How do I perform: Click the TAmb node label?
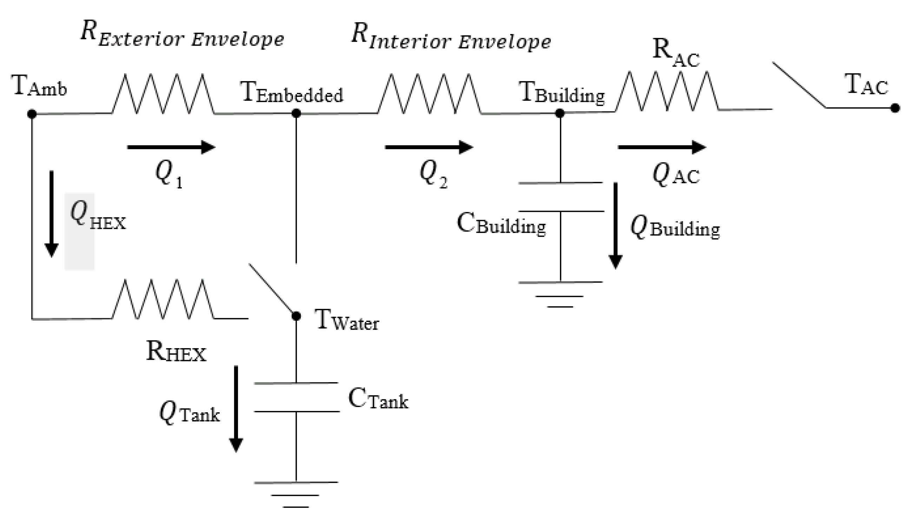39,86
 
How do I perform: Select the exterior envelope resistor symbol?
163,94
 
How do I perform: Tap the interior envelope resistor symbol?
429,94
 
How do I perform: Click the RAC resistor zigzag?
667,91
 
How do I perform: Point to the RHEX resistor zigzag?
163,299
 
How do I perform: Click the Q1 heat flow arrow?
171,147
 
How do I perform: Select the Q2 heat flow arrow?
429,147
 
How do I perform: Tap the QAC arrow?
662,147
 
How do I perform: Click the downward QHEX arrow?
51,214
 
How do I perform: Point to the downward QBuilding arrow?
615,226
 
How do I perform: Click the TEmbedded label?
292,93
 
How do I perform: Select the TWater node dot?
296,316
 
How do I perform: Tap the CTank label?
378,399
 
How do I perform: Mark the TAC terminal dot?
895,108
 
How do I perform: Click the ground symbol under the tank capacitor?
295,500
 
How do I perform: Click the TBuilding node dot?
560,113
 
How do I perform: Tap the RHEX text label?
176,352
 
